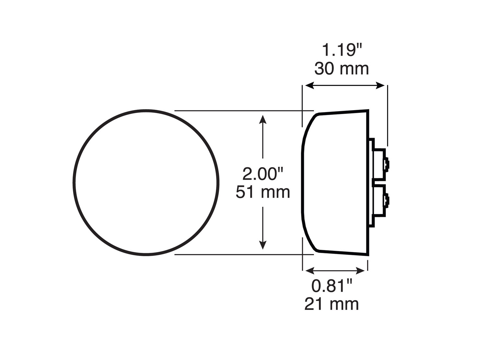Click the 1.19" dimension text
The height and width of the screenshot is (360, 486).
(341, 51)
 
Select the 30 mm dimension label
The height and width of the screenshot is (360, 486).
(341, 69)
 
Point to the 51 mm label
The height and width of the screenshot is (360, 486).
(263, 192)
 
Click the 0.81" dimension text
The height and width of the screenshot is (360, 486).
(331, 286)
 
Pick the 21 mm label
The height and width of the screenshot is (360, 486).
(331, 305)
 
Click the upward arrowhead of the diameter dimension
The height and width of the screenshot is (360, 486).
(263, 119)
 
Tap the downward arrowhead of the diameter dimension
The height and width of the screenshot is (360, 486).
(263, 246)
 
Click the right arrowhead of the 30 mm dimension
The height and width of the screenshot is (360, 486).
(380, 86)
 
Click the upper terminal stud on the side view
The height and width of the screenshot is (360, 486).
(387, 164)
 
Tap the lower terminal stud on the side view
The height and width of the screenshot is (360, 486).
(387, 201)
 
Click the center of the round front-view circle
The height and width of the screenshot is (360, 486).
(146, 183)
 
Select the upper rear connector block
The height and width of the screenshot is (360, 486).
(379, 164)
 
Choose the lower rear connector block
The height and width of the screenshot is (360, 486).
(379, 201)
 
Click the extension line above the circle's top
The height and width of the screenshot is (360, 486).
(243, 111)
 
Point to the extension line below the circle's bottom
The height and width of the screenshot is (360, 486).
(243, 255)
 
